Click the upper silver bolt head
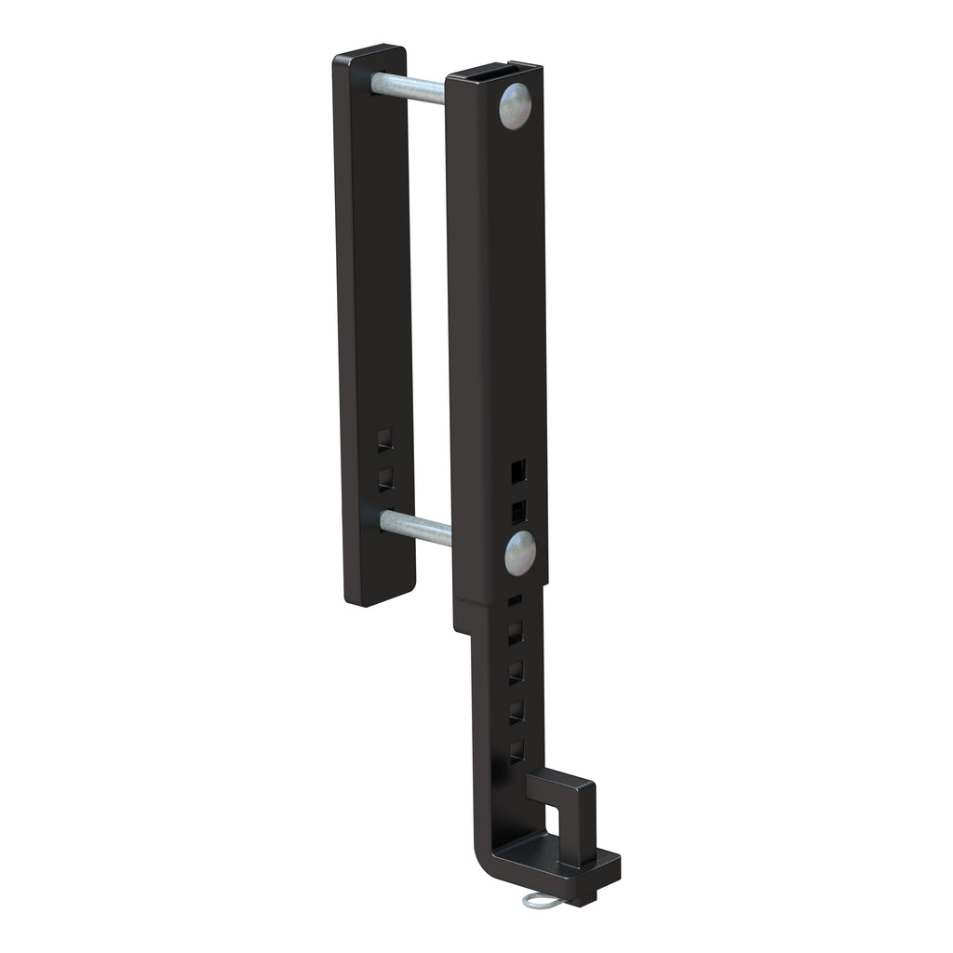tap(515, 105)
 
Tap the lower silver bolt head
tap(520, 553)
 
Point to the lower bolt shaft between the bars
tap(414, 528)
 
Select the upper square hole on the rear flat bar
tap(385, 440)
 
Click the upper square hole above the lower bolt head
tap(518, 471)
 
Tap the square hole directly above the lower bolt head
tap(518, 510)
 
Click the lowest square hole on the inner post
tap(516, 751)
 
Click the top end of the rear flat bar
tap(369, 52)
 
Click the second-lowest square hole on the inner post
tap(516, 712)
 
